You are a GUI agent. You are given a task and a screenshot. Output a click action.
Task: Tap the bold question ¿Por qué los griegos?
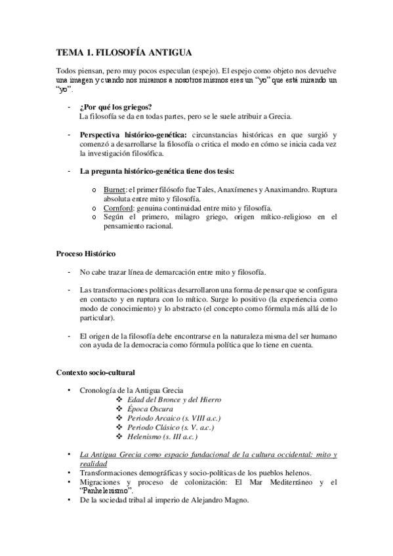[x=115, y=107]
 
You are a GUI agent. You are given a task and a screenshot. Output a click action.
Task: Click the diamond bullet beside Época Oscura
[x=119, y=408]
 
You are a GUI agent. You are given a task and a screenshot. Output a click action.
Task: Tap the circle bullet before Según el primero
[x=96, y=216]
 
